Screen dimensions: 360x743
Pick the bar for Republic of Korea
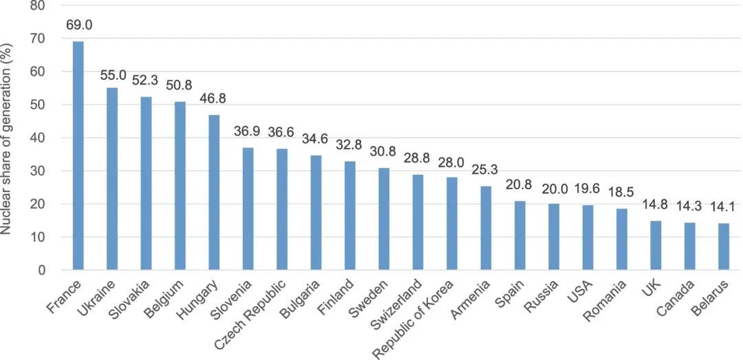(452, 224)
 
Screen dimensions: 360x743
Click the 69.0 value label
(79, 25)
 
